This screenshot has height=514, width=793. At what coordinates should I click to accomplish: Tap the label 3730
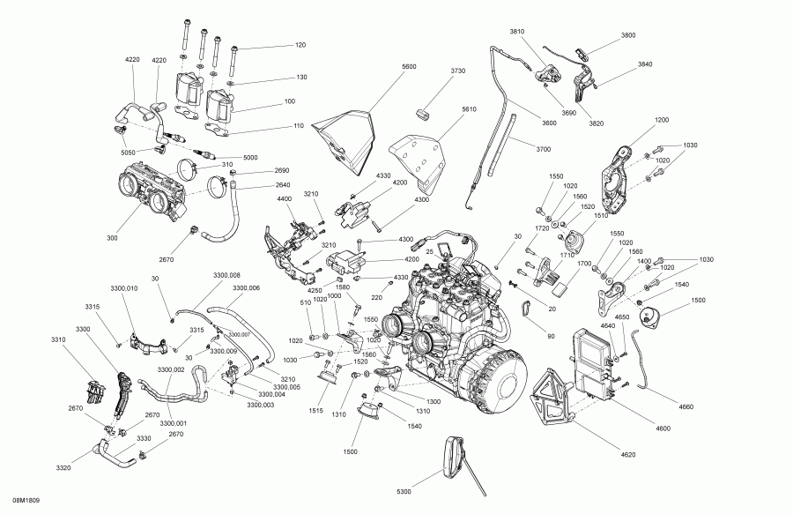pos(458,71)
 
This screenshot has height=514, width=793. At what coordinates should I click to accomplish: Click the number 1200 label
pos(662,119)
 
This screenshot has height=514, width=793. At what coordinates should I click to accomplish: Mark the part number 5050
pos(129,153)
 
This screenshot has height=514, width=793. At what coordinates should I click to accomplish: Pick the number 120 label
pos(300,44)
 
